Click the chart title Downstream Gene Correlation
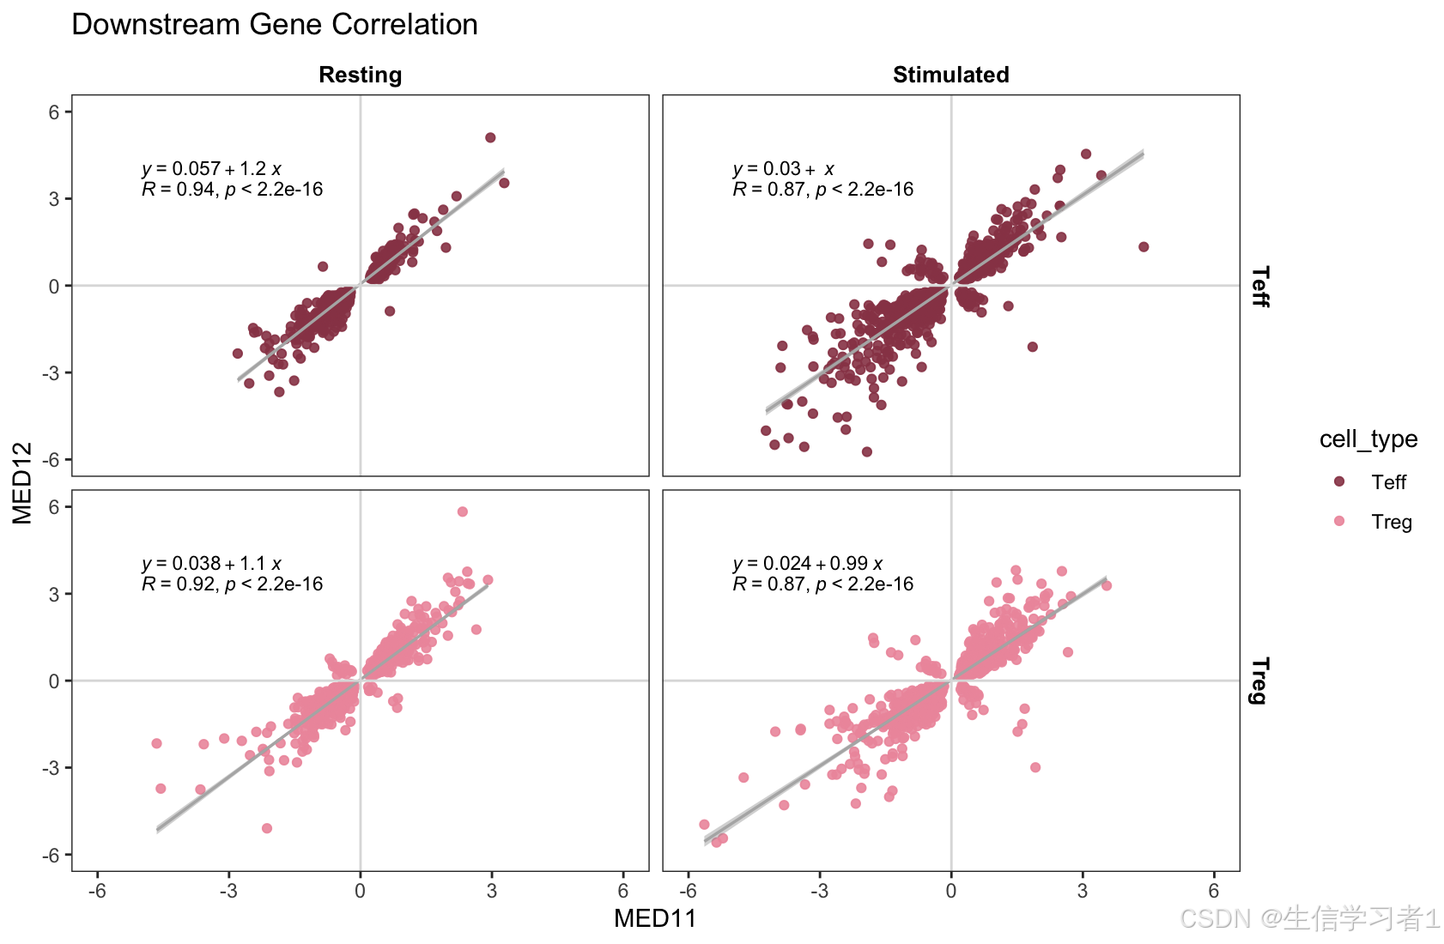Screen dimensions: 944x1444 tap(275, 25)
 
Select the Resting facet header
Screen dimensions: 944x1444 tap(360, 76)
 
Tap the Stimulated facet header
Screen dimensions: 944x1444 tap(950, 76)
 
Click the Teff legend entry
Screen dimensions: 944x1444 tap(1387, 482)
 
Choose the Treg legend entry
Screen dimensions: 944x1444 tap(1391, 522)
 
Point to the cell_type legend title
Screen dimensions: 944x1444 tap(1368, 439)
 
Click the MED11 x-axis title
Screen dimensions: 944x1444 tap(655, 919)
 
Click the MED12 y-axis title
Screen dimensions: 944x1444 tap(22, 482)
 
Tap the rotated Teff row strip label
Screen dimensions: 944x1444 tap(1259, 286)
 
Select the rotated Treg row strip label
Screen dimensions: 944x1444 tap(1259, 681)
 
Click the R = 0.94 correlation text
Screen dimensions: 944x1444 tap(232, 190)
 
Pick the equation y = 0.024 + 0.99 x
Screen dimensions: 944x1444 tap(807, 564)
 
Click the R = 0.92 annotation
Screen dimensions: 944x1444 tap(232, 584)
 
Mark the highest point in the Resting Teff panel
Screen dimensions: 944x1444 tap(490, 137)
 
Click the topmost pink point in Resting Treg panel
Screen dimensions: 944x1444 tap(463, 511)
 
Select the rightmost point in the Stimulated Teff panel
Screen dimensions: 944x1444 tap(1144, 247)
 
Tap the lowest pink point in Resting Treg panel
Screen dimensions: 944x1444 tap(267, 828)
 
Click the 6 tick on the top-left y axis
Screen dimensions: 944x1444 tap(54, 112)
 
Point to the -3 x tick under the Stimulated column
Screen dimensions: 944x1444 tap(819, 891)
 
